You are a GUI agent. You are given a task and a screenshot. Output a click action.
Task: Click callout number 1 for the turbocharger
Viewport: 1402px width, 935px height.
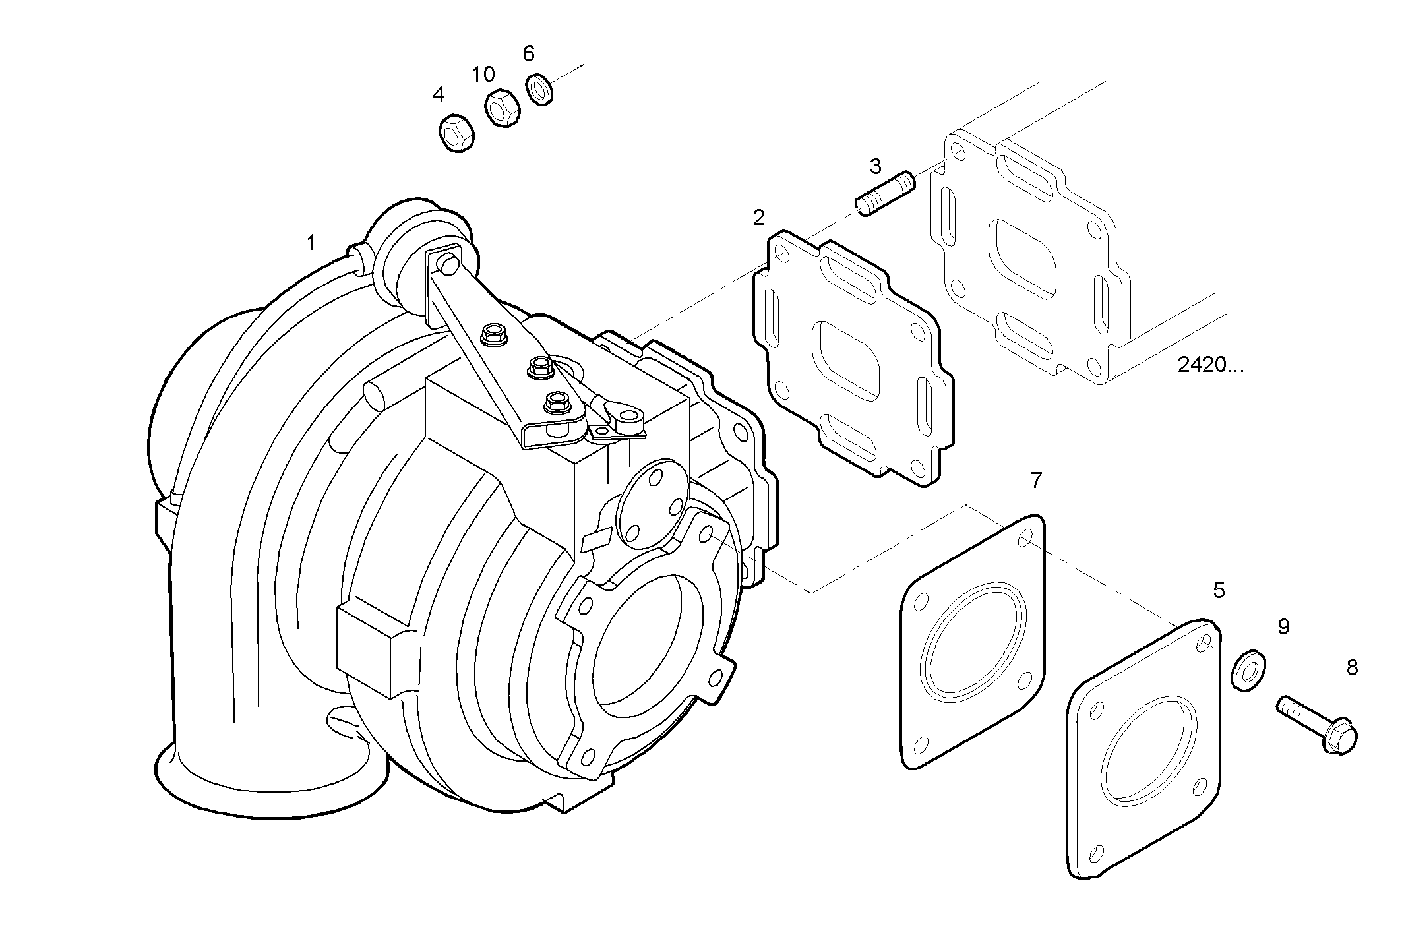click(311, 243)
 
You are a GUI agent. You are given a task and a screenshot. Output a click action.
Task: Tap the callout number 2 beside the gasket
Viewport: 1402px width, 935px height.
click(759, 218)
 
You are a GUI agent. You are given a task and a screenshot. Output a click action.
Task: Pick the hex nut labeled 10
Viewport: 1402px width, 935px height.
click(502, 107)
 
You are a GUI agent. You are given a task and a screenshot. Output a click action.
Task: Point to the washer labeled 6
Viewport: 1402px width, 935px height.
click(539, 89)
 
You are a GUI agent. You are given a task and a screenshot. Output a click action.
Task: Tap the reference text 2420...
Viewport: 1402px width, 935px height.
click(1209, 365)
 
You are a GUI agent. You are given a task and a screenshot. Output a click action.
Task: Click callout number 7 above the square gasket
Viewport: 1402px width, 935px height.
click(1036, 481)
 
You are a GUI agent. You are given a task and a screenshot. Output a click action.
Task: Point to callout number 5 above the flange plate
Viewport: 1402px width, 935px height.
click(1219, 591)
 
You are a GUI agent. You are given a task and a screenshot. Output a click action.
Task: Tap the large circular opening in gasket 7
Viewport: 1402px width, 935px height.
click(974, 640)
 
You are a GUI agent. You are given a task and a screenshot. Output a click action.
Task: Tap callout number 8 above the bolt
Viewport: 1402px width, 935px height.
click(1352, 668)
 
